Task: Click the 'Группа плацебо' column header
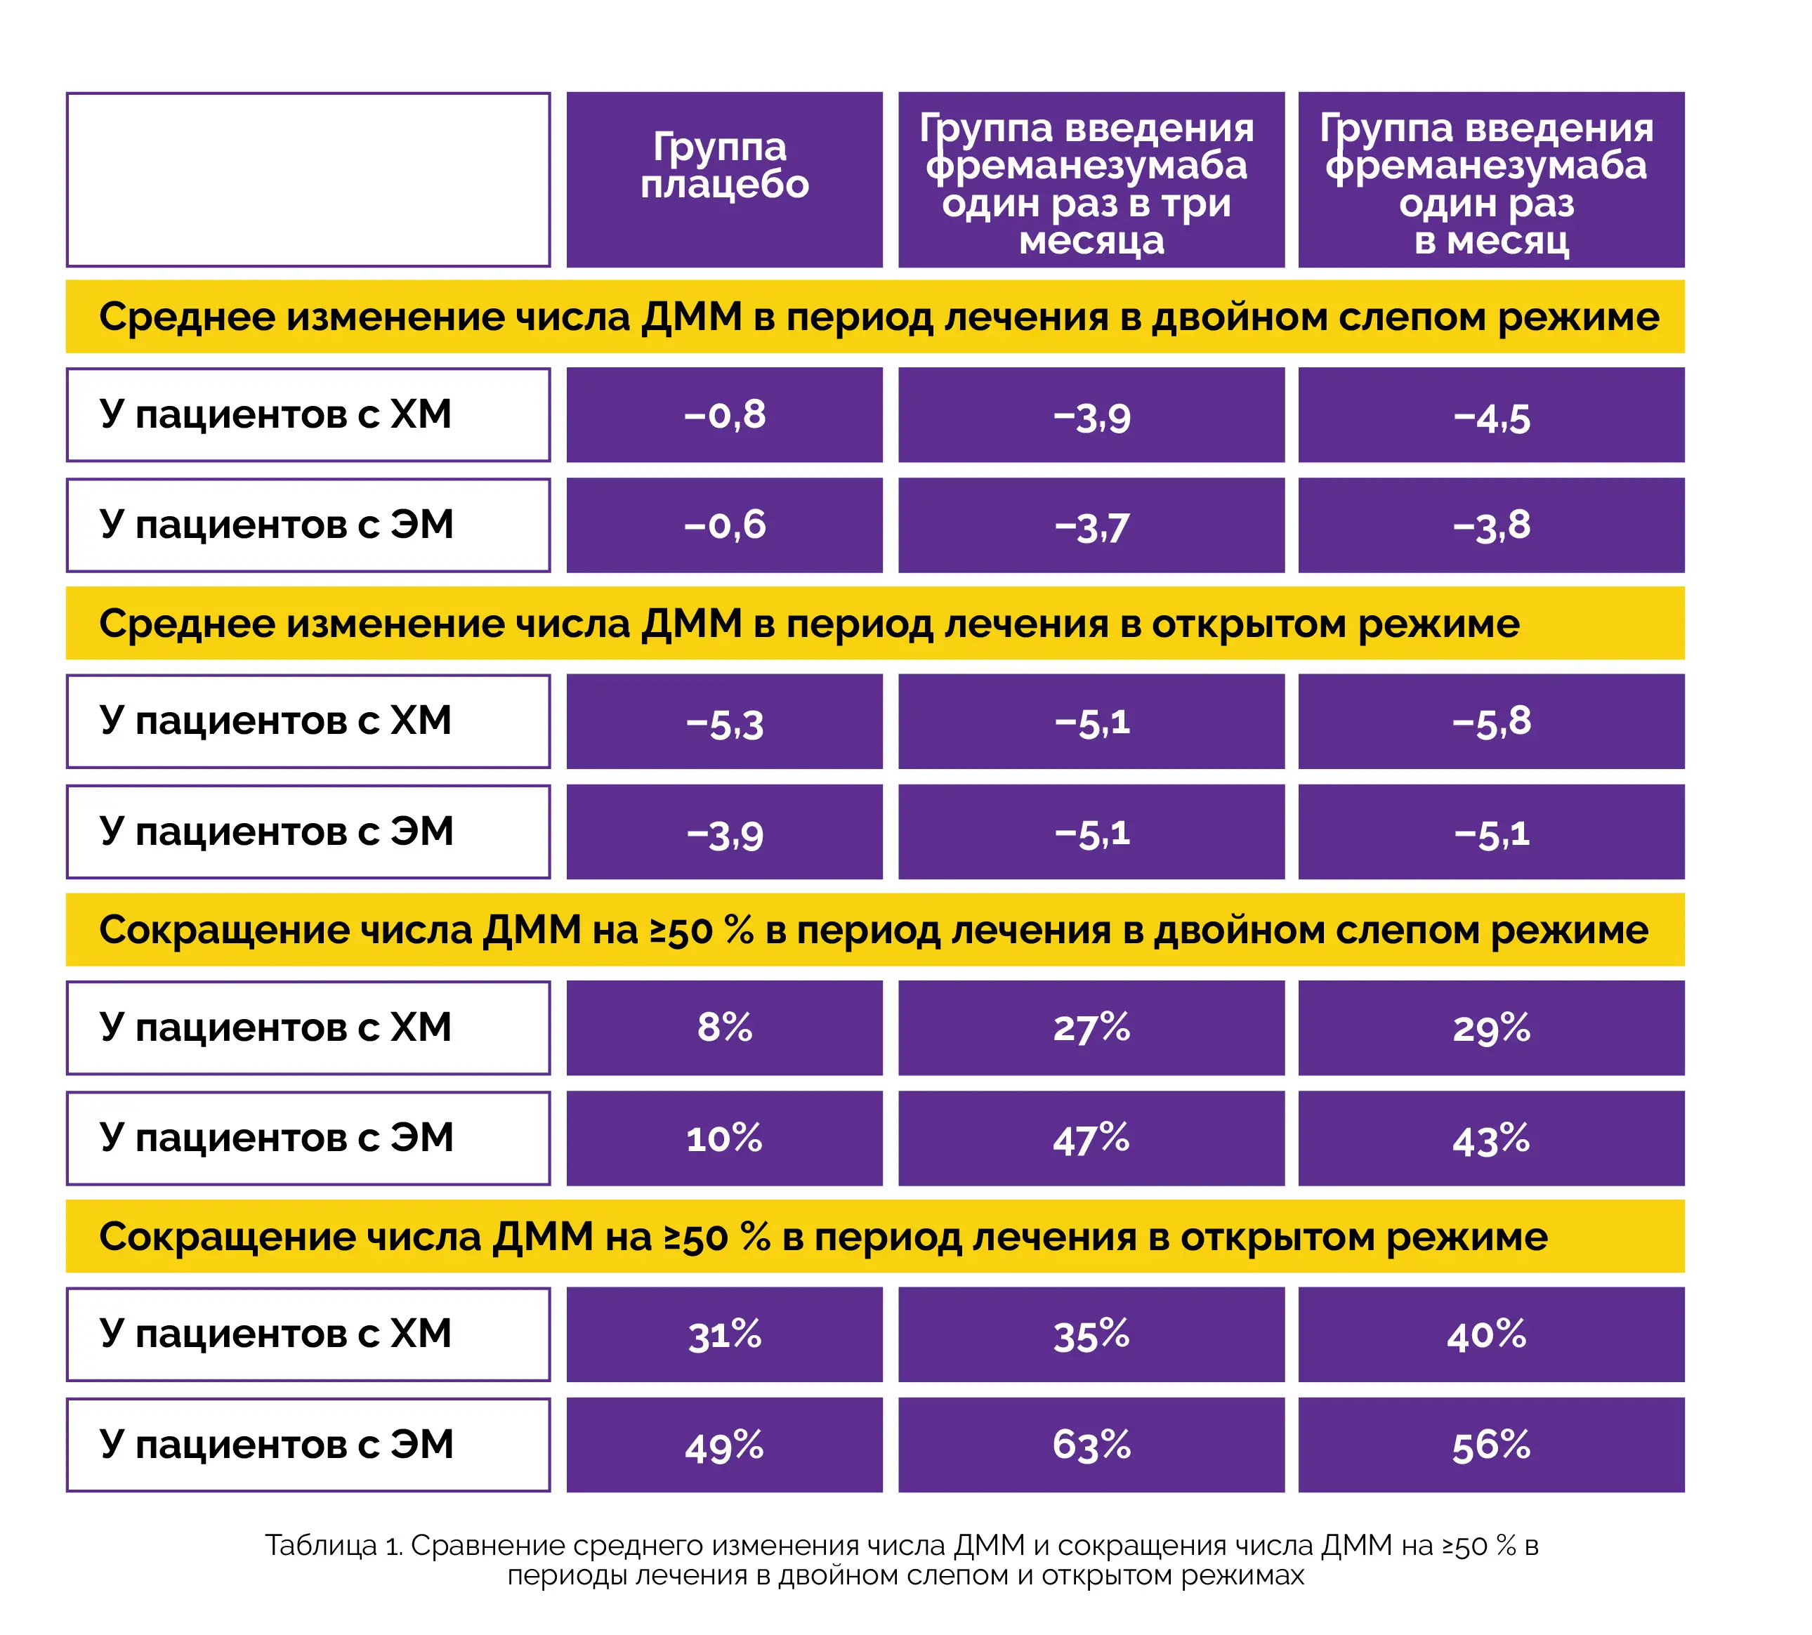pyautogui.click(x=724, y=180)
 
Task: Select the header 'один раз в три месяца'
pyautogui.click(x=1091, y=180)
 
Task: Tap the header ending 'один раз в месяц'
pyautogui.click(x=1490, y=180)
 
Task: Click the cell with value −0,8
pyautogui.click(x=724, y=415)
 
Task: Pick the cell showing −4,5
pyautogui.click(x=1490, y=415)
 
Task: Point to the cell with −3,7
pyautogui.click(x=1091, y=525)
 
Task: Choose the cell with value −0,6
pyautogui.click(x=724, y=525)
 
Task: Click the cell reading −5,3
pyautogui.click(x=724, y=721)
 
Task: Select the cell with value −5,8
pyautogui.click(x=1490, y=721)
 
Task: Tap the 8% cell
pyautogui.click(x=724, y=1027)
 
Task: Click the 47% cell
pyautogui.click(x=1091, y=1138)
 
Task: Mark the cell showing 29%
pyautogui.click(x=1490, y=1027)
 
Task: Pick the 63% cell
pyautogui.click(x=1091, y=1445)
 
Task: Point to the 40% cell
pyautogui.click(x=1490, y=1334)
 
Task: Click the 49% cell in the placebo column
pyautogui.click(x=724, y=1445)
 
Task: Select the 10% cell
pyautogui.click(x=724, y=1138)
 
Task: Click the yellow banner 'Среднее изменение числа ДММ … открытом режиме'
pyautogui.click(x=874, y=624)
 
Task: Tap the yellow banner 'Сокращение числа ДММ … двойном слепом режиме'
pyautogui.click(x=874, y=930)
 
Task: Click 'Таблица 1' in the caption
pyautogui.click(x=332, y=1545)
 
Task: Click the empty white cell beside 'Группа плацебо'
pyautogui.click(x=308, y=180)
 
